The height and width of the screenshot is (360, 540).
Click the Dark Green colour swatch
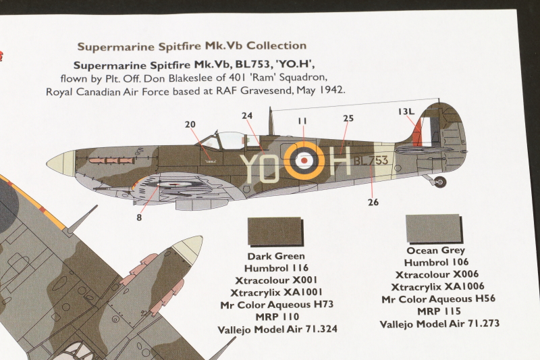point(275,230)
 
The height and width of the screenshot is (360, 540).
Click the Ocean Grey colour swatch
point(433,228)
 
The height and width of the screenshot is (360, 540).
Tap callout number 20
point(190,124)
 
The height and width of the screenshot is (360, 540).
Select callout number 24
point(247,115)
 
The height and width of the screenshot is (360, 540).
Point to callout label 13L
point(406,111)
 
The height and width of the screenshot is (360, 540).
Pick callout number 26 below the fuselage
point(373,202)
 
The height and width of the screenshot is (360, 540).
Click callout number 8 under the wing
point(139,217)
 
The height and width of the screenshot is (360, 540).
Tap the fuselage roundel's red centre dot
point(304,160)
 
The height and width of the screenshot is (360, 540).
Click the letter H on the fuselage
point(340,161)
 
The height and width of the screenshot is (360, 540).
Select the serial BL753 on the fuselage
point(371,161)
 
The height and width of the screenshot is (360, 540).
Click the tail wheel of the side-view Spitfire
point(440,182)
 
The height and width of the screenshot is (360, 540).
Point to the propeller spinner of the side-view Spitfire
point(61,163)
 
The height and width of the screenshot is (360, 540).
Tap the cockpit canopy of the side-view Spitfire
point(230,140)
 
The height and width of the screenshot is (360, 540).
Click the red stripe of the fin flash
point(417,131)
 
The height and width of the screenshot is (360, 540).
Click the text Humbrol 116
point(276,268)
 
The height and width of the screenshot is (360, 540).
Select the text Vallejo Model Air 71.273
point(439,324)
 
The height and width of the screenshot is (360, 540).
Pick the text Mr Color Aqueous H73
point(277,305)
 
